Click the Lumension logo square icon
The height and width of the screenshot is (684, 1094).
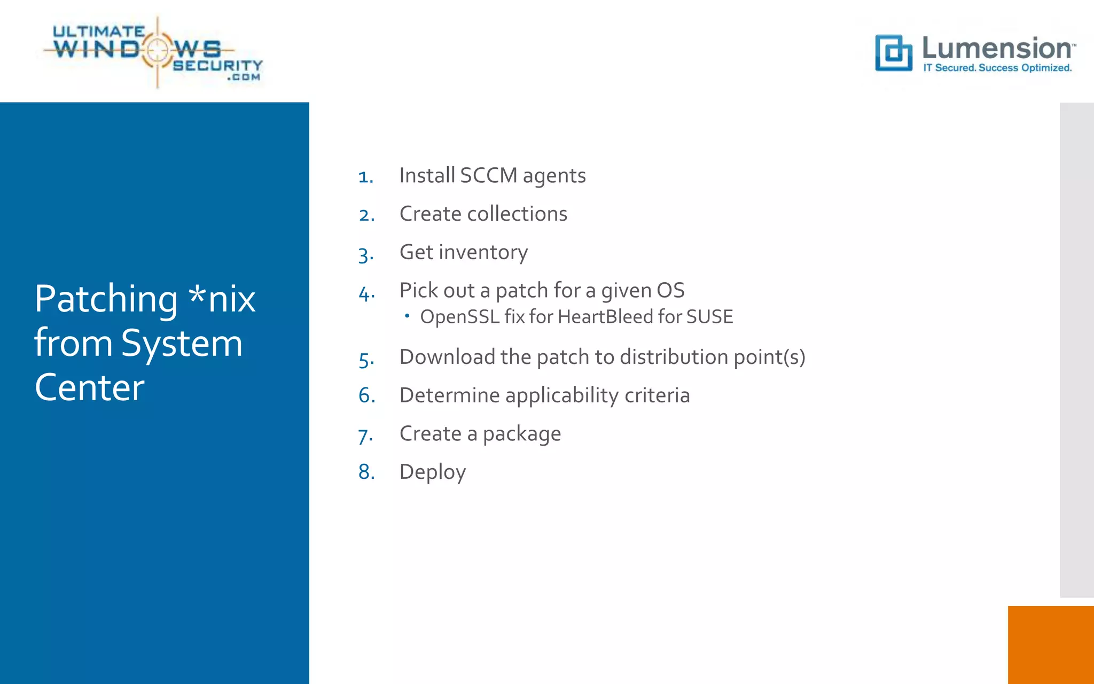[x=893, y=53]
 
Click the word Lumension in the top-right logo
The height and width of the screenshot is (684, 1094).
[x=997, y=48]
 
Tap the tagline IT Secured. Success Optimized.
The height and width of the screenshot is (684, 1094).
[x=997, y=68]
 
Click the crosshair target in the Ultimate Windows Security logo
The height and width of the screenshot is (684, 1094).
[x=157, y=50]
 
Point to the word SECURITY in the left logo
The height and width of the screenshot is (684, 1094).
[x=217, y=65]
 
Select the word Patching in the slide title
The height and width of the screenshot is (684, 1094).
[x=106, y=299]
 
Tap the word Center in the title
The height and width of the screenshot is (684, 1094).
[x=89, y=387]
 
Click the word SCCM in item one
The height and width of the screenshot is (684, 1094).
[x=488, y=175]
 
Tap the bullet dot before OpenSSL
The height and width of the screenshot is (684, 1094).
[x=407, y=316]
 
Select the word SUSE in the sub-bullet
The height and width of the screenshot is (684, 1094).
[x=709, y=317]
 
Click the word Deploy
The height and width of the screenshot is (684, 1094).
[x=433, y=472]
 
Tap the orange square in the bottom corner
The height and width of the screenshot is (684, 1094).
[x=1050, y=644]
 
